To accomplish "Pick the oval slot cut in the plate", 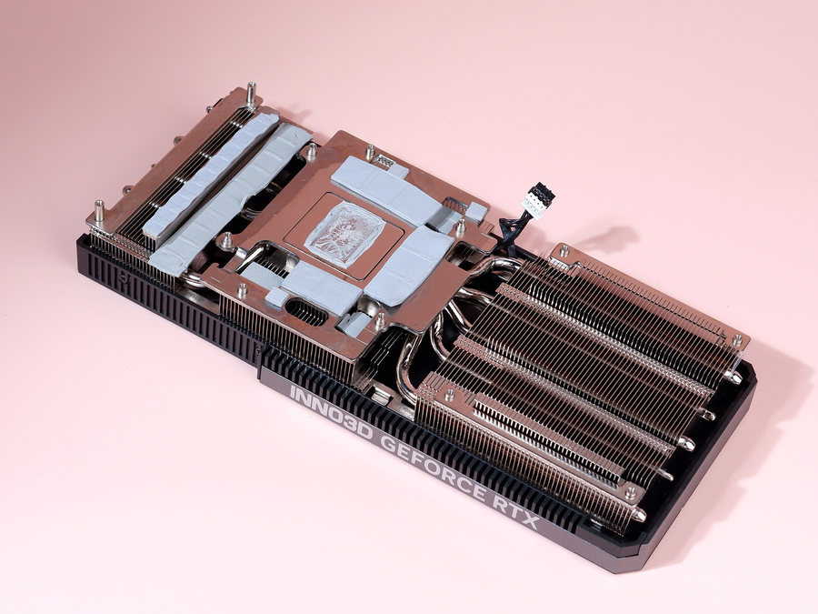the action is [x=306, y=312].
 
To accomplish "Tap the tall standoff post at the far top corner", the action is [x=251, y=94].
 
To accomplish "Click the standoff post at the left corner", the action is [x=99, y=213].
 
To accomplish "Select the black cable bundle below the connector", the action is [x=509, y=233].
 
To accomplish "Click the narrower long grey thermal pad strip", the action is [x=211, y=175].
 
